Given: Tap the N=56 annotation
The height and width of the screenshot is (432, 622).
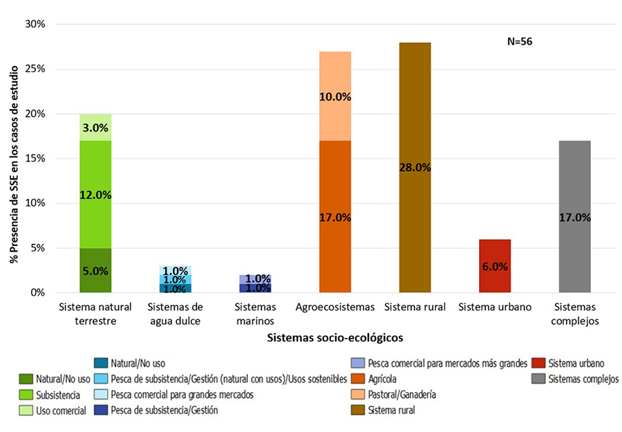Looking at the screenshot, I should tap(520, 41).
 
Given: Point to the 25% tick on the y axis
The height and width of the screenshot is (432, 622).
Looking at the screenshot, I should tap(35, 69).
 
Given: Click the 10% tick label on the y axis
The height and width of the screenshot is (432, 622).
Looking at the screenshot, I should tap(35, 203).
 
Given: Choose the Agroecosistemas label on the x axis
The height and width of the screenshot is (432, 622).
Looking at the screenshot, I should tap(335, 306).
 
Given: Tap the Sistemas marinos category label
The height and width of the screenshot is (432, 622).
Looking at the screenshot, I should tap(255, 312).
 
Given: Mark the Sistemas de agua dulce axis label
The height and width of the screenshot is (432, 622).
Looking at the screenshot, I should tap(176, 312).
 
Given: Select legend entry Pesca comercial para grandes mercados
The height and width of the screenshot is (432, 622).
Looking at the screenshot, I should tap(182, 395).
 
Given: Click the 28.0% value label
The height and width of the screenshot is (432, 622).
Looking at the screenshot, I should tap(415, 167).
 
